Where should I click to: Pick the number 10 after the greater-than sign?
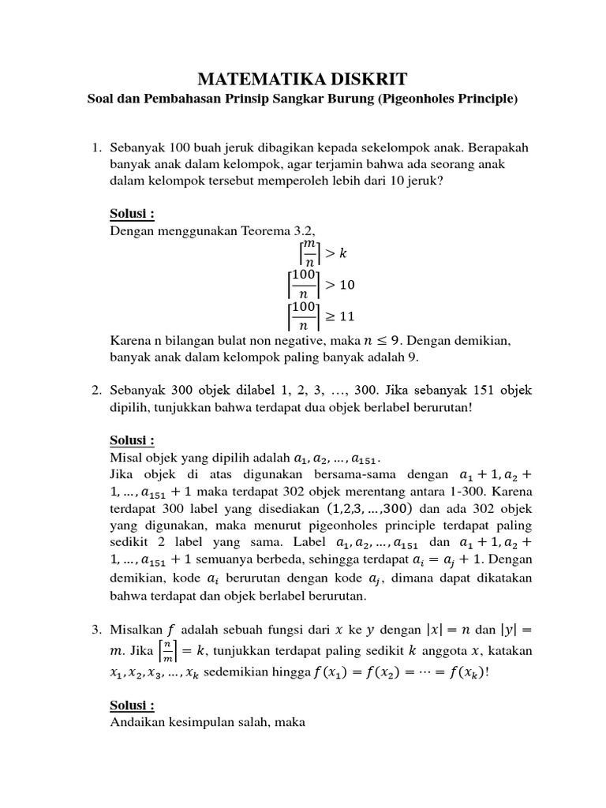coord(347,285)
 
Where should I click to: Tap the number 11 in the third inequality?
coord(347,316)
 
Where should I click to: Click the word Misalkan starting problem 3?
coord(135,630)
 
